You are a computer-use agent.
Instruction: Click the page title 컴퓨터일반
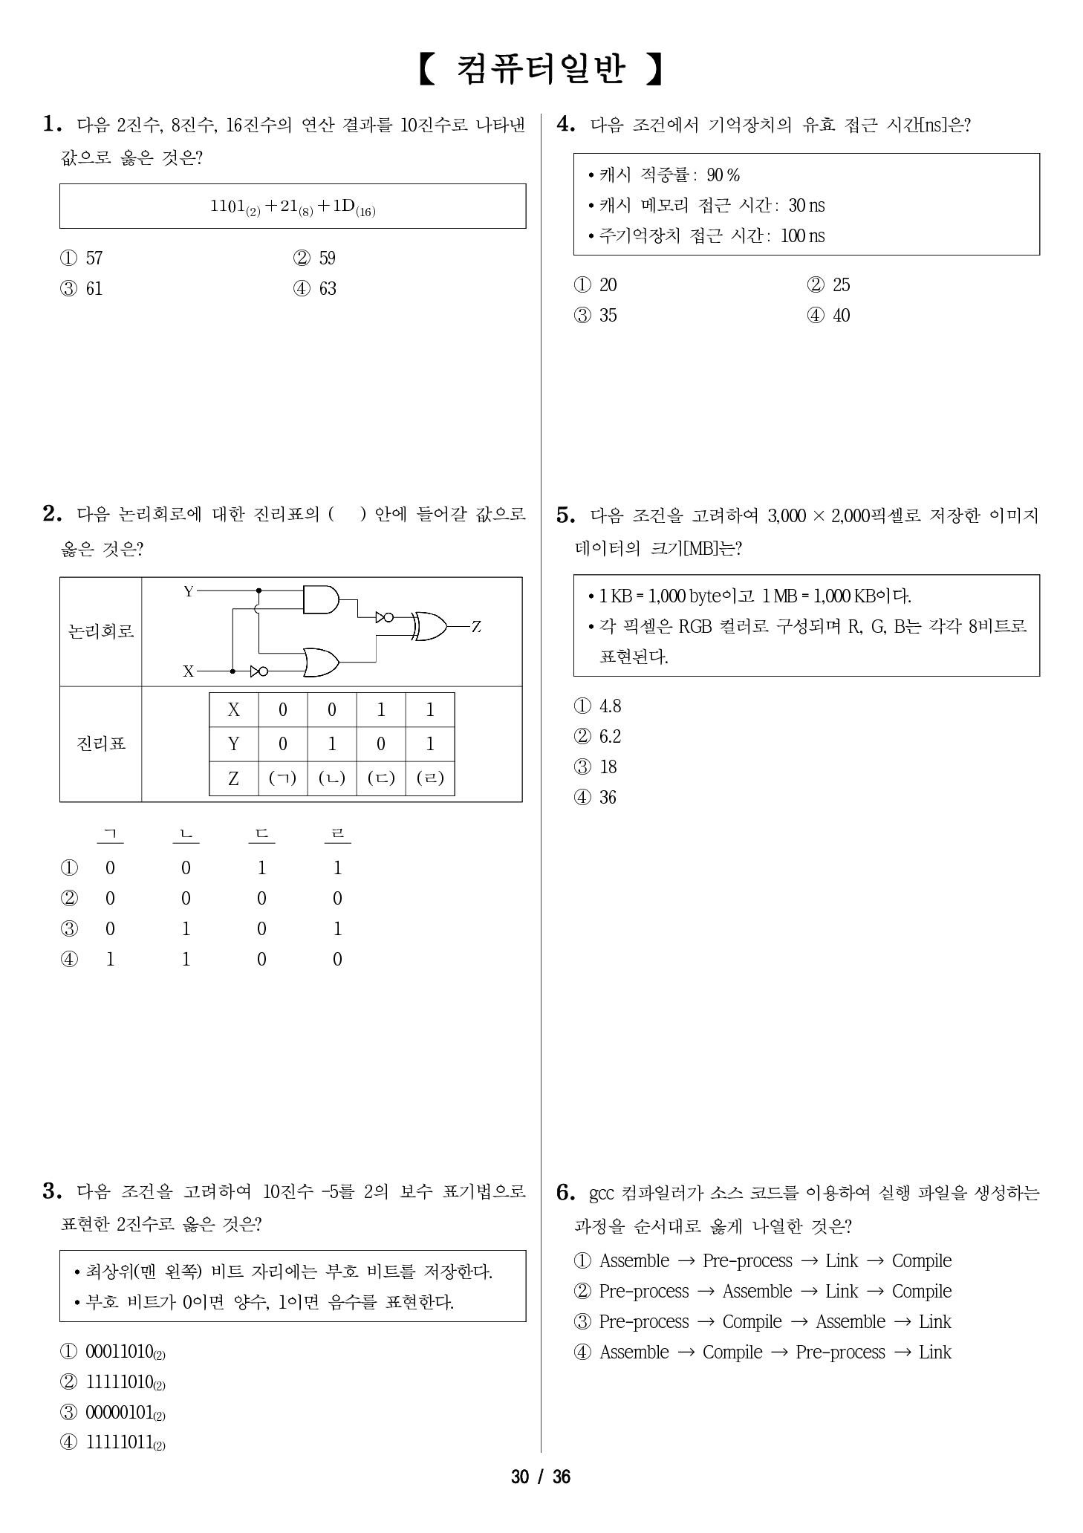click(x=540, y=69)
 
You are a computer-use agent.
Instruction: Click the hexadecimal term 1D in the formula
click(x=343, y=206)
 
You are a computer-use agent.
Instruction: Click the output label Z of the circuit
click(x=476, y=627)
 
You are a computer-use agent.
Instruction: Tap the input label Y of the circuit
click(x=189, y=592)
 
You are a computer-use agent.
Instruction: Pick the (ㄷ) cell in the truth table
click(x=381, y=778)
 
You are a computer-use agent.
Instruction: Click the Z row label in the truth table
click(x=233, y=778)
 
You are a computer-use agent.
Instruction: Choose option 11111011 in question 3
click(x=120, y=1442)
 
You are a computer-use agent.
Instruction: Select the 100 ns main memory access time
click(x=802, y=236)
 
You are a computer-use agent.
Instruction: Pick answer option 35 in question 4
click(x=608, y=316)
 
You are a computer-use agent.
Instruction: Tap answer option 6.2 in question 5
click(x=609, y=737)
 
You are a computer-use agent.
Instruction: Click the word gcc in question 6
click(x=601, y=1194)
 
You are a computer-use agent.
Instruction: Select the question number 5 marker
click(x=566, y=515)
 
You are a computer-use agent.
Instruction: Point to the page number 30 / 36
click(x=541, y=1477)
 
